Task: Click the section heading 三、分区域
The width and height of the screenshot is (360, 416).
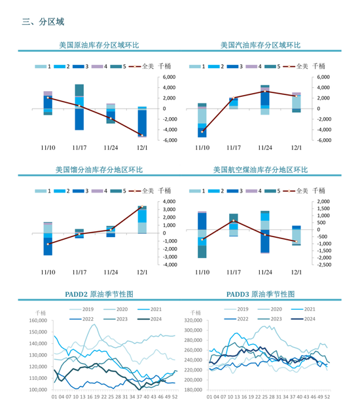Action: coord(43,22)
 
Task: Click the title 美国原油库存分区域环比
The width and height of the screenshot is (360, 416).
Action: coord(99,45)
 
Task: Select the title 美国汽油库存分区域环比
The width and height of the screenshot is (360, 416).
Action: coord(260,45)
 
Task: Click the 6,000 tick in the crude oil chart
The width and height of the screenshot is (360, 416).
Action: coord(166,77)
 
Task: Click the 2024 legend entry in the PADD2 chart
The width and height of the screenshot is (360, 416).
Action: coord(153,319)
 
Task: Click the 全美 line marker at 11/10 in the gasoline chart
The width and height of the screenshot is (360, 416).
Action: coord(202,131)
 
